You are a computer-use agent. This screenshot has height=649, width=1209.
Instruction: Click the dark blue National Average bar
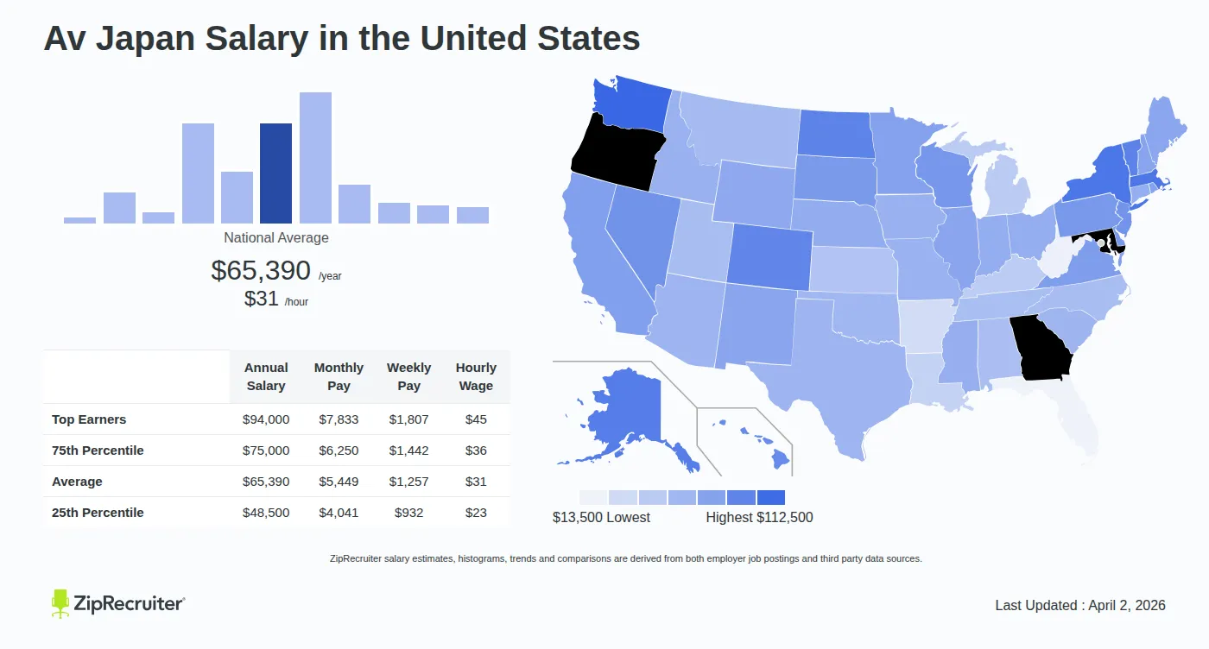tap(275, 173)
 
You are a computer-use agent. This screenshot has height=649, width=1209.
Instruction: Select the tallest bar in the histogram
tap(315, 158)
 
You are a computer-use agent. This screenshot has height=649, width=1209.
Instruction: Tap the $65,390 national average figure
tap(260, 270)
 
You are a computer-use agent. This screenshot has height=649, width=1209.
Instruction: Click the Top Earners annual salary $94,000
tap(266, 419)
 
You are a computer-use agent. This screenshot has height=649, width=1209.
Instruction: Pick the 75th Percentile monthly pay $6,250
tap(339, 451)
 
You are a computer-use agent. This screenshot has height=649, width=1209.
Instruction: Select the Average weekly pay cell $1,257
tap(408, 482)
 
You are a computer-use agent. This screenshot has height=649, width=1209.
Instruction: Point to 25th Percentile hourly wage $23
tap(476, 513)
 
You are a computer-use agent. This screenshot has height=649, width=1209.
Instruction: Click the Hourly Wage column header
tap(476, 377)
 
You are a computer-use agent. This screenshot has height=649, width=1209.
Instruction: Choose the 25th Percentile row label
tap(98, 513)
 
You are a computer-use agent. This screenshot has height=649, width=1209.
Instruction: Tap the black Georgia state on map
tap(1042, 348)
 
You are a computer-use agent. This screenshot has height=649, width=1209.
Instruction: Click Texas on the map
tap(842, 380)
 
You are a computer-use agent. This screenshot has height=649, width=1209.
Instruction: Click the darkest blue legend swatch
tap(770, 497)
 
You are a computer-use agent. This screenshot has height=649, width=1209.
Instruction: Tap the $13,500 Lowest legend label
tap(601, 518)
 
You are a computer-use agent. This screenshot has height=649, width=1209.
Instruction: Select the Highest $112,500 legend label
tap(759, 518)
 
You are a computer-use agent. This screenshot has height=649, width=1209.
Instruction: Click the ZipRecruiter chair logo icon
tap(60, 603)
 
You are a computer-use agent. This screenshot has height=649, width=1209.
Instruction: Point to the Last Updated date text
tap(1080, 605)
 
